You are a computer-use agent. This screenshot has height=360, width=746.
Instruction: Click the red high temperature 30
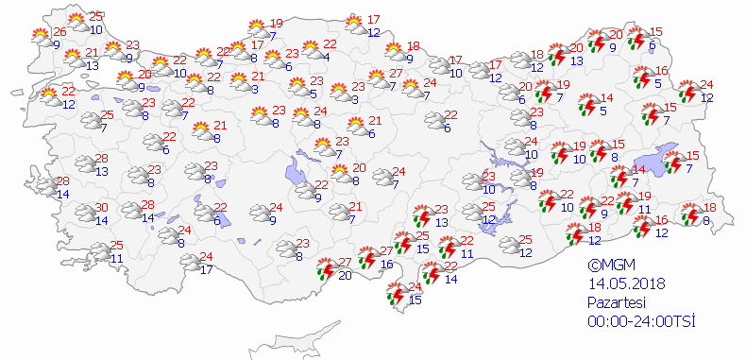101,208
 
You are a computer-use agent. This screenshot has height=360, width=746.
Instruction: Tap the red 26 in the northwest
59,32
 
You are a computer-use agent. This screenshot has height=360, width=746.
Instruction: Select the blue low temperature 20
345,276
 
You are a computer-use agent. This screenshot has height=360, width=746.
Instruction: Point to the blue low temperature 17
207,270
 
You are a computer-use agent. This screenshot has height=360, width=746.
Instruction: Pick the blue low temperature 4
325,58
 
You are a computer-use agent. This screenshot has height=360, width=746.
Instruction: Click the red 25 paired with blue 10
96,17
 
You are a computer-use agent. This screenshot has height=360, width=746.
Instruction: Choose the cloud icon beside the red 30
84,213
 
